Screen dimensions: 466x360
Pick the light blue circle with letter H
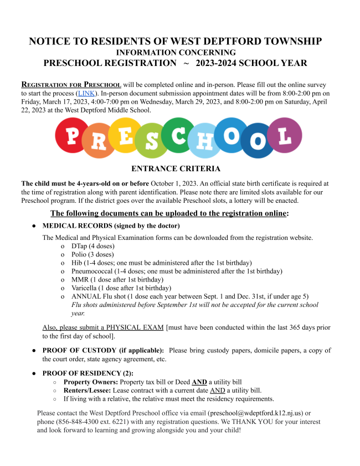click(x=204, y=141)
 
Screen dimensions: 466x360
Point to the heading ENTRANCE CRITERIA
click(x=176, y=168)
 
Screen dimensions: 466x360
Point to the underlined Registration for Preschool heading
click(x=71, y=85)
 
